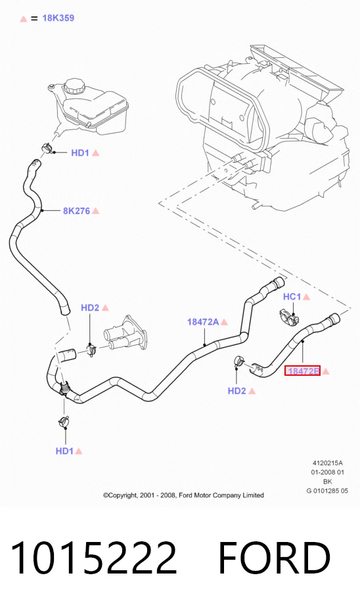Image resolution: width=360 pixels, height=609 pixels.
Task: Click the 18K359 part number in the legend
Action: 58,18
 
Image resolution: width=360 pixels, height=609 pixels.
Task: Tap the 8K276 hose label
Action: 76,211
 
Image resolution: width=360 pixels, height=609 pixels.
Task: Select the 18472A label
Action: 203,322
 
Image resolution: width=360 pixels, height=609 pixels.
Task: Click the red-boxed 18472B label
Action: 303,371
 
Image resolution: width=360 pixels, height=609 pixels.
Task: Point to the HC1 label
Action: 292,297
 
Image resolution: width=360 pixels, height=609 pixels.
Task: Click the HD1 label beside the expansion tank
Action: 80,153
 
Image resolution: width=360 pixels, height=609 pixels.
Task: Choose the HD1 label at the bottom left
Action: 64,451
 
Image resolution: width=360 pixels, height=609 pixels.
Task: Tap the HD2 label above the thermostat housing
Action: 90,307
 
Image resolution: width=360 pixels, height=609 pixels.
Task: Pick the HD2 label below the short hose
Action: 237,391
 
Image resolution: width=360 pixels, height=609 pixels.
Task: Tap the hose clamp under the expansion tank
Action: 47,148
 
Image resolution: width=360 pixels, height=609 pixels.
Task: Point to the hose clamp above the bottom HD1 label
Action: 63,421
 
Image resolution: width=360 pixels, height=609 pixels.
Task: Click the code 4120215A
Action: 327,463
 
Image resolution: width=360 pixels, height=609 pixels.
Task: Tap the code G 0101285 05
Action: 327,491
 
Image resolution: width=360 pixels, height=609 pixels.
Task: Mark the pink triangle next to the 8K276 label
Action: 95,211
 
